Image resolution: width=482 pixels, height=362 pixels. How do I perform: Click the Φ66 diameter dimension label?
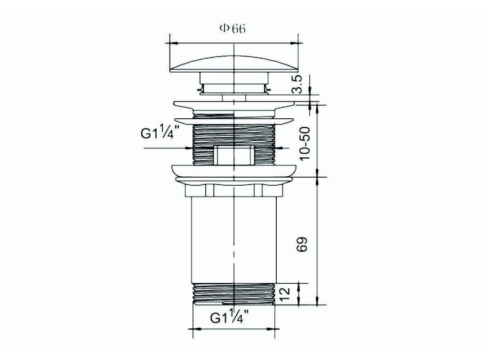(232, 29)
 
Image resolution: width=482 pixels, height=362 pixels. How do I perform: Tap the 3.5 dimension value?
(297, 84)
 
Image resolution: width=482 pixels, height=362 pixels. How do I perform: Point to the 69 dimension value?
(302, 245)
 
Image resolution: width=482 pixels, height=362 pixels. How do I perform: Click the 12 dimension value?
(285, 295)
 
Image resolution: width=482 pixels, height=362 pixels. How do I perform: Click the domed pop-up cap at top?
(234, 64)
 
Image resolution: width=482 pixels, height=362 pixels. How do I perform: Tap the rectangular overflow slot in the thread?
(234, 155)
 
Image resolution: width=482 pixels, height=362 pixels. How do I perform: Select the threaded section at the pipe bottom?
(234, 294)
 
